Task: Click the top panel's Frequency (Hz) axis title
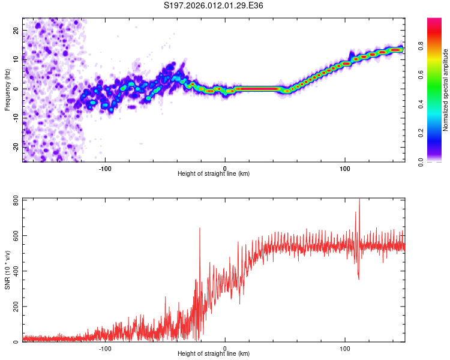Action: point(8,89)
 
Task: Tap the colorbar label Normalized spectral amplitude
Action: point(446,90)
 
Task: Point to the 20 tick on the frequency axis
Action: point(16,30)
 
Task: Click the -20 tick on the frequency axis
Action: point(15,147)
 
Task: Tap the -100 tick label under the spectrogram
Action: point(106,167)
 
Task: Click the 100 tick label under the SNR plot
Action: point(345,347)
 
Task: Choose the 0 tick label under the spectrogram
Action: point(225,167)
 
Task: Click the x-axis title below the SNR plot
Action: point(214,354)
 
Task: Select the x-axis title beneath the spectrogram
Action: point(214,174)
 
